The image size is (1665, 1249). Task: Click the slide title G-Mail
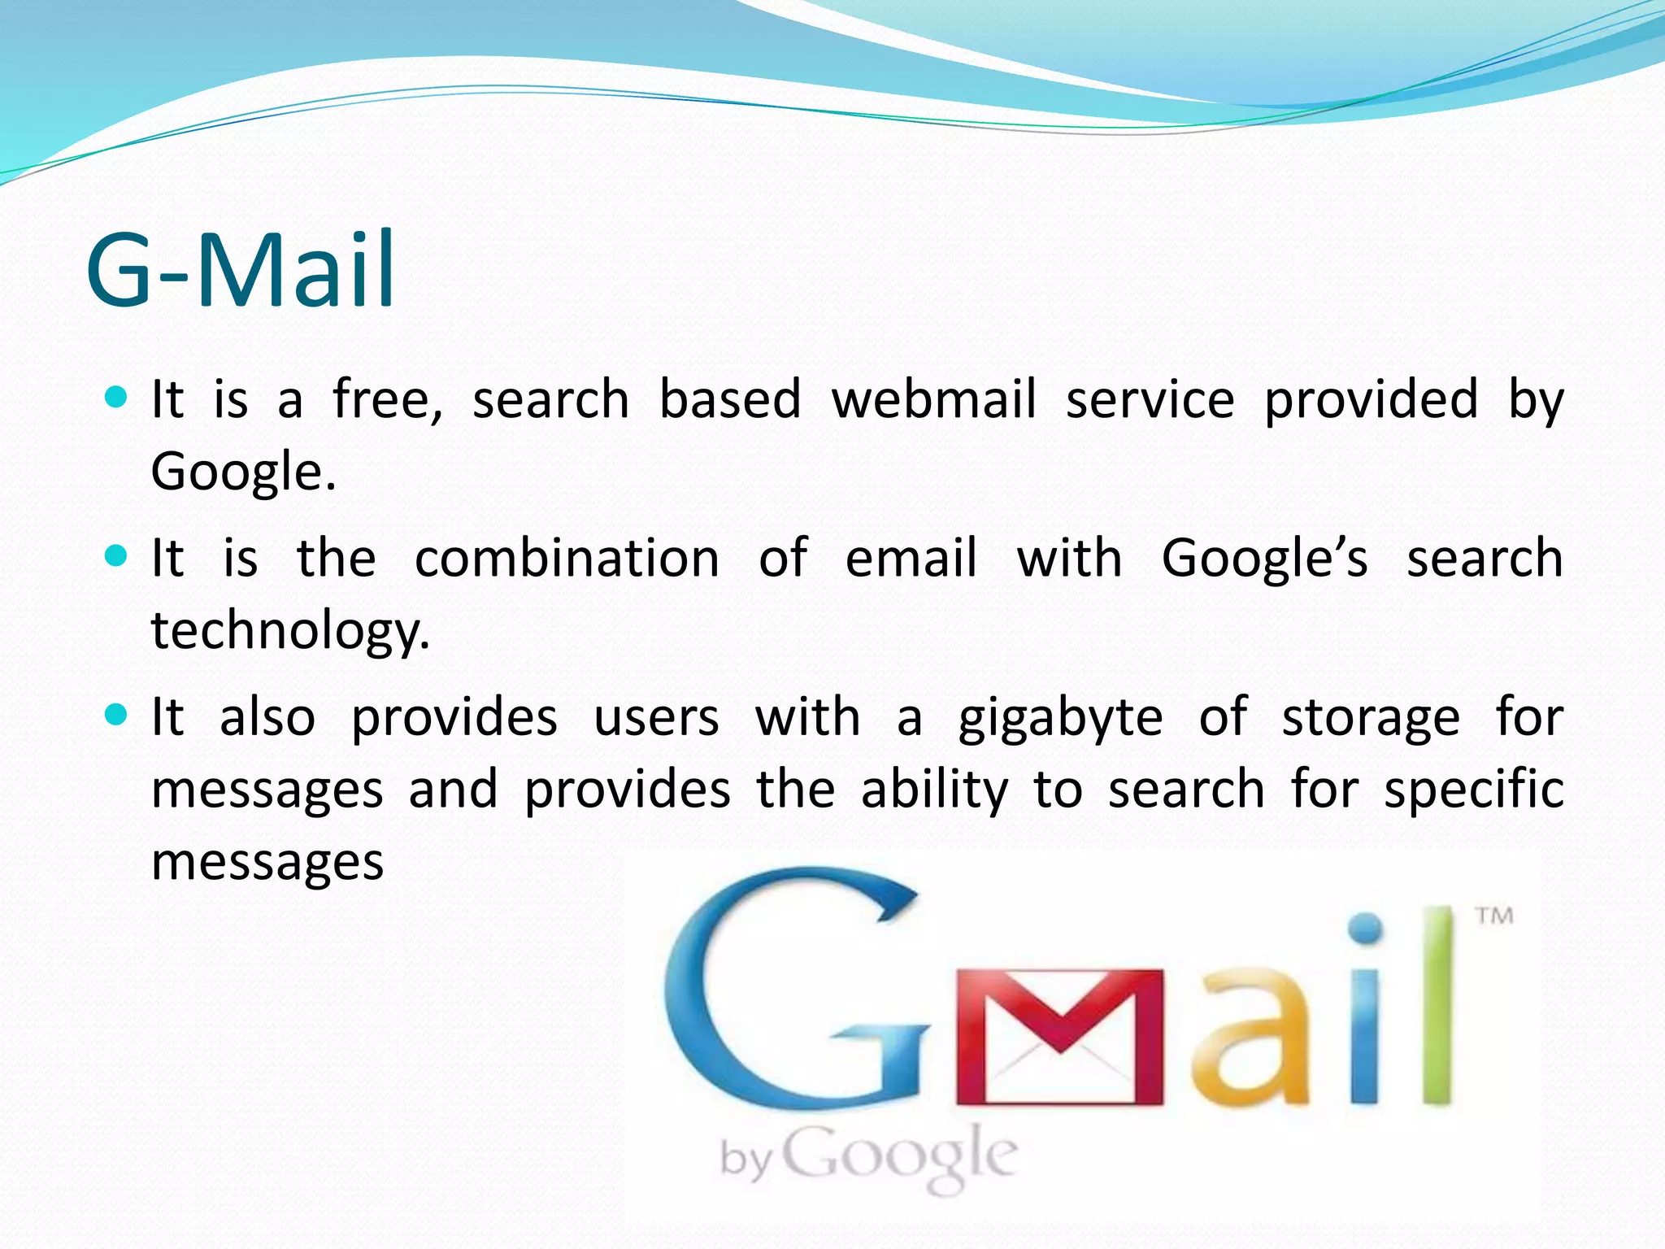tap(241, 270)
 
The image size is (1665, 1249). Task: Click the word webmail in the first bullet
tap(933, 400)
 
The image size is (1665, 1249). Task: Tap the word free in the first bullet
tap(388, 400)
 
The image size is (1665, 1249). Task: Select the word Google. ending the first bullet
tap(243, 472)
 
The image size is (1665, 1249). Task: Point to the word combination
tap(567, 559)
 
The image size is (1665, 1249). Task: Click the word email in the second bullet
tap(911, 559)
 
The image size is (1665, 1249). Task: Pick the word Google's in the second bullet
tap(1264, 559)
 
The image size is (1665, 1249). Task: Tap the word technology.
tap(290, 631)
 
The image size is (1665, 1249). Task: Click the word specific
tap(1474, 790)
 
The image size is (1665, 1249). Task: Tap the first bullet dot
tap(117, 398)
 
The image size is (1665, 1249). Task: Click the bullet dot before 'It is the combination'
tap(117, 556)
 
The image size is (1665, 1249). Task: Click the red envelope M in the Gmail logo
tap(1059, 1037)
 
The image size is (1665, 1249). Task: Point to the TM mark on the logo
tap(1494, 916)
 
